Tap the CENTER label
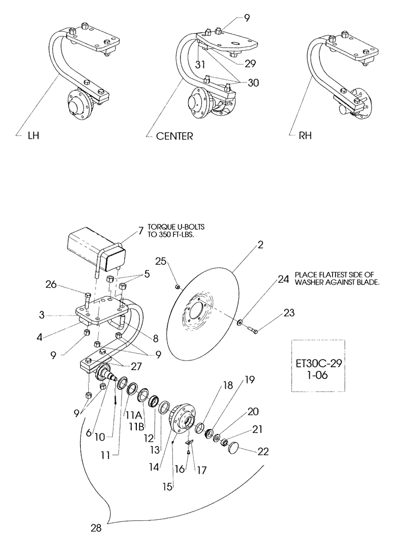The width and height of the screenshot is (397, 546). coord(174,136)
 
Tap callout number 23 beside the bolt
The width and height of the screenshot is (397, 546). coord(289,313)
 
